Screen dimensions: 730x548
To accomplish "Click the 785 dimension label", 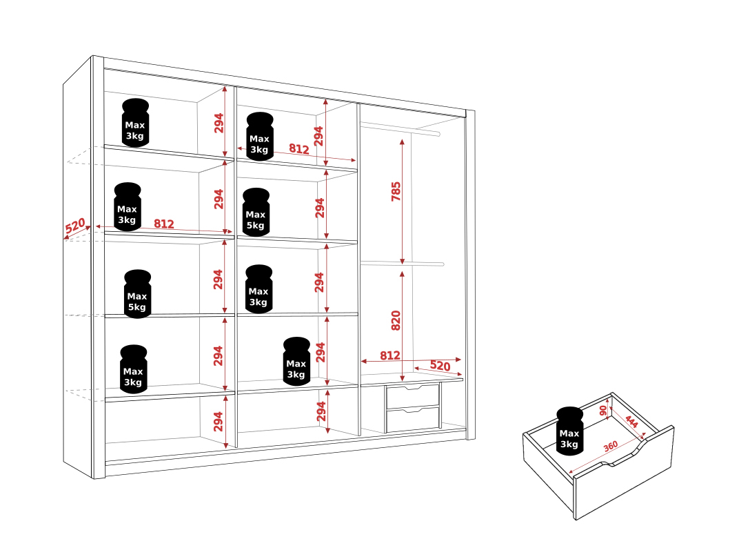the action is click(396, 191).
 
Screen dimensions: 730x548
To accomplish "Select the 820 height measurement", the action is click(396, 321).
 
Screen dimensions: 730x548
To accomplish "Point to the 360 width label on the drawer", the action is click(610, 446).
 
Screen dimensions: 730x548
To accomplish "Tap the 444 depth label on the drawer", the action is click(631, 421).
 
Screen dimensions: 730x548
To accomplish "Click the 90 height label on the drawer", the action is click(603, 411).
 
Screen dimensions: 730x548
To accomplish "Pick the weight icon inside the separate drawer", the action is click(569, 431).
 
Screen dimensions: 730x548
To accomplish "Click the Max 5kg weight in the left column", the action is click(137, 294).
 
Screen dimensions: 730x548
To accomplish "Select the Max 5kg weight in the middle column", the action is click(256, 212).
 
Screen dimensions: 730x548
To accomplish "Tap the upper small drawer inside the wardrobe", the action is click(412, 395).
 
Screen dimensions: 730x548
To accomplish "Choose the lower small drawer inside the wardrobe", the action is click(412, 418).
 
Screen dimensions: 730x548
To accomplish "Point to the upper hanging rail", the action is click(400, 128).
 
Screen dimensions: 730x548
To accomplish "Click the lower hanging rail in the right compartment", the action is click(403, 264).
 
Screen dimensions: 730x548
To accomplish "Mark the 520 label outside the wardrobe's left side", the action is click(75, 226).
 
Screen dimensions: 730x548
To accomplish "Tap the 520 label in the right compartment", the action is click(440, 365).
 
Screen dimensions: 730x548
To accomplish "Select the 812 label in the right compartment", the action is click(389, 355).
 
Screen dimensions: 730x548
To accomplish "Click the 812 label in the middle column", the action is click(299, 148).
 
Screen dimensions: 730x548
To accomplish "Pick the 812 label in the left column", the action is click(164, 224).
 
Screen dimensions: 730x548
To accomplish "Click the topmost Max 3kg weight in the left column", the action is click(135, 123).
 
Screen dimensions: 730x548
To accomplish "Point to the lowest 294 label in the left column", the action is click(218, 421).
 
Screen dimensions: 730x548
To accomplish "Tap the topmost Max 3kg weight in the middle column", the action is click(260, 136).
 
